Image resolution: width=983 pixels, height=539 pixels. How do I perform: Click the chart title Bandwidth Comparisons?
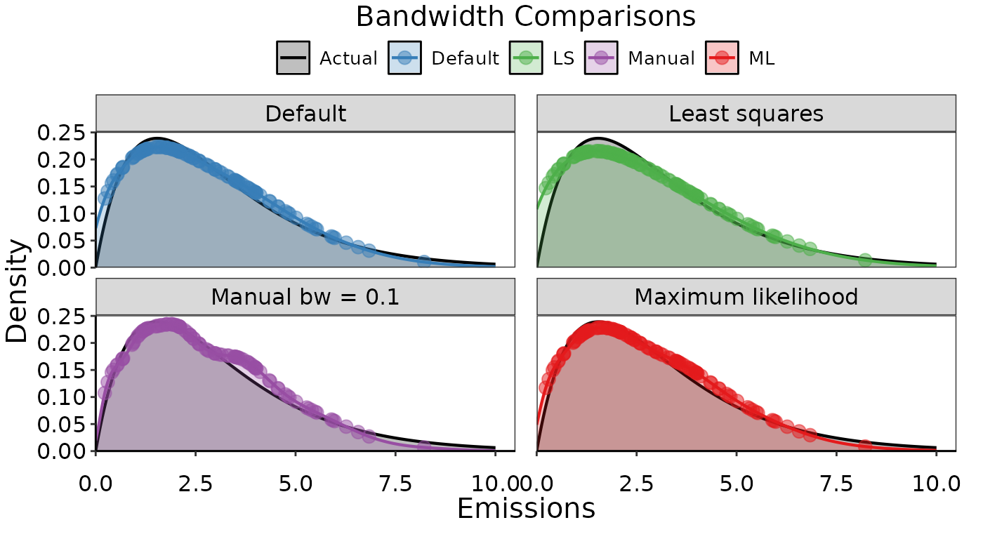tap(525, 17)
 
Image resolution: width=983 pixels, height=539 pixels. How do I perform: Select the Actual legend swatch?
tap(293, 58)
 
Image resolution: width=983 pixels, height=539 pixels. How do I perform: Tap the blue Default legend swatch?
tap(404, 58)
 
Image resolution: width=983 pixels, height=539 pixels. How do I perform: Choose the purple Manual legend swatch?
tap(601, 58)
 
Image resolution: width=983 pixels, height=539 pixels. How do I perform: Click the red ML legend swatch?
tap(722, 58)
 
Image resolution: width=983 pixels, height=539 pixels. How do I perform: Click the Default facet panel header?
tap(305, 114)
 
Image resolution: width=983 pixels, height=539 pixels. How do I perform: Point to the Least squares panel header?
tap(746, 114)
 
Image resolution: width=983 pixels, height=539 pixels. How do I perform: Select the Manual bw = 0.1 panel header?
tap(305, 297)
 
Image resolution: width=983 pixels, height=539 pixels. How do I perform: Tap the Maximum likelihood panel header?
tap(746, 297)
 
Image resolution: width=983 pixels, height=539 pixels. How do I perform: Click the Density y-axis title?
tap(17, 291)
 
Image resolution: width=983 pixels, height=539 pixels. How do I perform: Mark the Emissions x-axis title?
tap(526, 508)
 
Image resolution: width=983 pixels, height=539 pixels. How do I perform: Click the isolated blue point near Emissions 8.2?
tap(424, 262)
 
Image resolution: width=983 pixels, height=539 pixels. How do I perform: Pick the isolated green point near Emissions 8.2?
tap(865, 260)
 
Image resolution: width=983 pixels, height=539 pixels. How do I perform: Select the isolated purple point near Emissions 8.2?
tap(424, 446)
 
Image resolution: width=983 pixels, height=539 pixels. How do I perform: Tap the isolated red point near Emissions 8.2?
tap(865, 446)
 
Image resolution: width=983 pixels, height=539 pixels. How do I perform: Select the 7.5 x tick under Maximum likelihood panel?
tap(836, 484)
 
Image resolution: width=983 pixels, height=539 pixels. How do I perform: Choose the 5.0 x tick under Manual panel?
tap(296, 484)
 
